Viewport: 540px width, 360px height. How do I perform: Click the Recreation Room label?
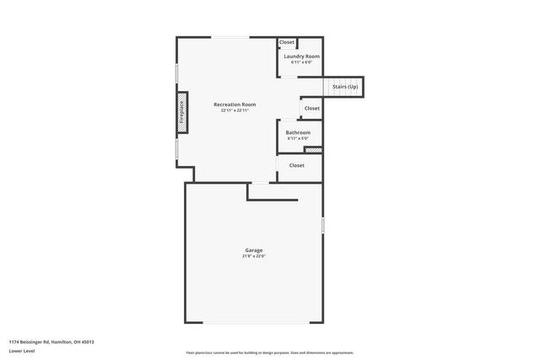235,105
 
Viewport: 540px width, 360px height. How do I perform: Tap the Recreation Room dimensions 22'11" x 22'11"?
235,110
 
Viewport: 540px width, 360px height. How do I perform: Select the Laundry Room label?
301,56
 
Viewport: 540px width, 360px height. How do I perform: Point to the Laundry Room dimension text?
301,62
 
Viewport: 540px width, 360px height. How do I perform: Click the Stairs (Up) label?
344,87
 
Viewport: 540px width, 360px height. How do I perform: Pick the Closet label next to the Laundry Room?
287,42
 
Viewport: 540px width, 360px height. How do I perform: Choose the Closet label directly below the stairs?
312,108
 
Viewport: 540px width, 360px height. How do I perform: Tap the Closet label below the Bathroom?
297,165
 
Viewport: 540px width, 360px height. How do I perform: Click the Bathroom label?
298,132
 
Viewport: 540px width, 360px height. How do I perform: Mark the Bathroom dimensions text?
298,138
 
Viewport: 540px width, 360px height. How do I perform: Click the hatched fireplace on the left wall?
181,113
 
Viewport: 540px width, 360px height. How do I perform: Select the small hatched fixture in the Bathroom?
313,150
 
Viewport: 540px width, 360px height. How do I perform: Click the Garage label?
254,250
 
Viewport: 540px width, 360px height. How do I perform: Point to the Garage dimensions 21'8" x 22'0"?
254,256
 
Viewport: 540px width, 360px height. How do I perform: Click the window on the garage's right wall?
322,226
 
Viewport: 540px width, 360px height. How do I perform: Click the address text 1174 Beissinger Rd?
51,341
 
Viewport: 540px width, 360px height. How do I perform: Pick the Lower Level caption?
21,351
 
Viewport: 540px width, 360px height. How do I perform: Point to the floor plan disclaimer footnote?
270,352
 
